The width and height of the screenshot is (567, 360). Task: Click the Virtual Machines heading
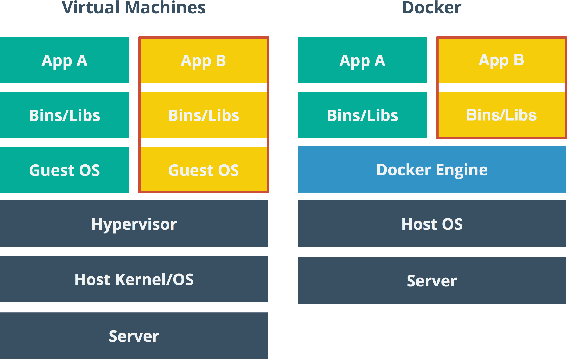click(134, 8)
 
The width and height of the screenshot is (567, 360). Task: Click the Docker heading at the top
click(431, 8)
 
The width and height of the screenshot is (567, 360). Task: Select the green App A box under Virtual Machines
click(64, 60)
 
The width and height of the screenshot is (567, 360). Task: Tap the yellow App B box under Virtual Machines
click(203, 60)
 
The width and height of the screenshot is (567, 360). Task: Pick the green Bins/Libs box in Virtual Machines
click(64, 115)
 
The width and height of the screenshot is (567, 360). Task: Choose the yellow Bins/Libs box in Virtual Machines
click(203, 115)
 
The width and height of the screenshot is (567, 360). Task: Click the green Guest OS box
click(64, 170)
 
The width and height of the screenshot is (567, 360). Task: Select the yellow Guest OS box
click(203, 170)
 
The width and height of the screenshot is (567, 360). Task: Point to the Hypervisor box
click(134, 224)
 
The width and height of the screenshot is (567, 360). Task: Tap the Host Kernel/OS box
click(134, 279)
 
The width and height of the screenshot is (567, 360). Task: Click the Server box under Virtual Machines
click(134, 336)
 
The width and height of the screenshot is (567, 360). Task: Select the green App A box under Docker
click(362, 60)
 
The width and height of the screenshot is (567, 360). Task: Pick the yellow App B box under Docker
click(501, 60)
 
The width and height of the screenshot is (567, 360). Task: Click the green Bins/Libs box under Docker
click(362, 115)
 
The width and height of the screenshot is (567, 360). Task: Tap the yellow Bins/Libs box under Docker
click(501, 115)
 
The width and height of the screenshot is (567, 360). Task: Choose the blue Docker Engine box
click(432, 169)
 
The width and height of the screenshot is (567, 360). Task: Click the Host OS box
click(432, 224)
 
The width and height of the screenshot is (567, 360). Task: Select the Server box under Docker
click(432, 280)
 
